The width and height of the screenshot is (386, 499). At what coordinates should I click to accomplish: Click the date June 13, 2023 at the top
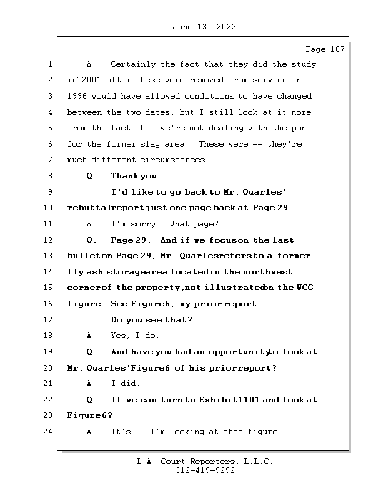203,27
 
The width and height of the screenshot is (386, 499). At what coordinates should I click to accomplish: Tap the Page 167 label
325,49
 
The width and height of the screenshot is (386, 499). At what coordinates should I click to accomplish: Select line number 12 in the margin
50,240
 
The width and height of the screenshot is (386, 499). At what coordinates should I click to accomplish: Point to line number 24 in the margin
50,432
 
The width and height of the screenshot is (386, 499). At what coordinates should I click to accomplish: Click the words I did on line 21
125,384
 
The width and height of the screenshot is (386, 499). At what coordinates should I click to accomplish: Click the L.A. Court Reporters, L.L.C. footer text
205,462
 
